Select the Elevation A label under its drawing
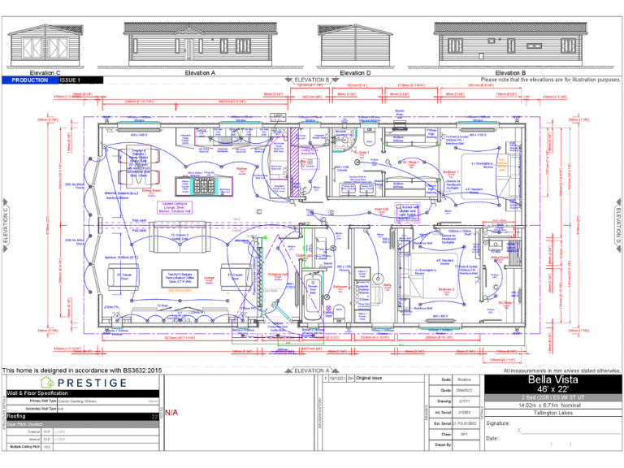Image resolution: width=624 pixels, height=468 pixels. click(200, 73)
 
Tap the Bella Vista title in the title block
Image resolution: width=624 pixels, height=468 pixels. click(552, 379)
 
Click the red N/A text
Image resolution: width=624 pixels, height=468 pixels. click(172, 413)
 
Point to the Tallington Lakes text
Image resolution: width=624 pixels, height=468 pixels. click(552, 414)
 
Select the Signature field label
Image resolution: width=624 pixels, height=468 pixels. click(499, 423)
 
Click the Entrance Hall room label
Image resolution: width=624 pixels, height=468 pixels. click(278, 275)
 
